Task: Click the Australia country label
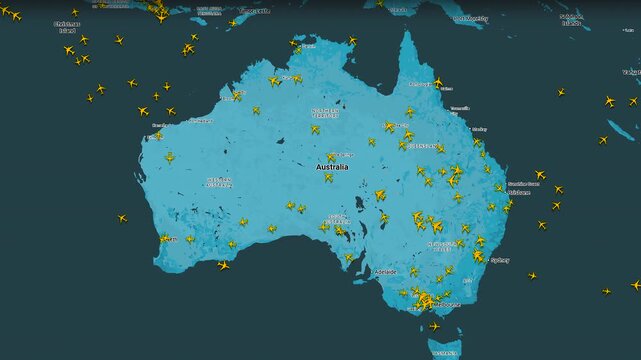tap(333, 167)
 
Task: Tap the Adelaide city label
tap(385, 271)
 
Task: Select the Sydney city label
tap(499, 259)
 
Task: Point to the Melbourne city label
tap(447, 304)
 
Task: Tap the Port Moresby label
tap(471, 18)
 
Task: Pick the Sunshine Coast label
tap(523, 184)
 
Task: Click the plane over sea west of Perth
tap(122, 217)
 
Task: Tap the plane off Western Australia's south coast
tap(223, 265)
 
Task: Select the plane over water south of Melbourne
tap(434, 326)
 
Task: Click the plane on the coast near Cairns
tap(437, 82)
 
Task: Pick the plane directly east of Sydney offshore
tap(532, 275)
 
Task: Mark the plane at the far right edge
tap(635, 284)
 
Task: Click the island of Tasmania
tap(446, 349)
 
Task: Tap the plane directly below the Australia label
tap(327, 178)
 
